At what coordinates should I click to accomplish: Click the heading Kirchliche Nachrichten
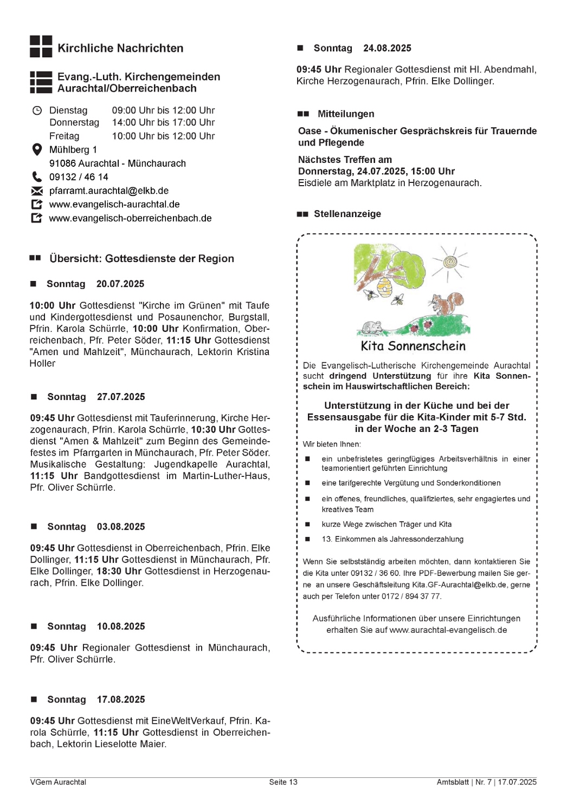coord(120,48)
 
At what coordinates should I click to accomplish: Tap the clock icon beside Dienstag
coord(37,110)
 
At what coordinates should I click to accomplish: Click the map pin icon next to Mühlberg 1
coord(37,149)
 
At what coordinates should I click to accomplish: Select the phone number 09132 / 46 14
coord(79,177)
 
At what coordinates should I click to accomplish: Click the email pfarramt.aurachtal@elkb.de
coord(108,191)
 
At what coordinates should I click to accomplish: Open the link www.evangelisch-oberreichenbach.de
coord(130,218)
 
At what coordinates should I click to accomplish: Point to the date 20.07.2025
coord(120,284)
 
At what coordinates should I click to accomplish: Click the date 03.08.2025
coord(121,527)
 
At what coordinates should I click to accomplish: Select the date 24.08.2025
coord(387,48)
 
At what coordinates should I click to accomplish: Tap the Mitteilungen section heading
coord(346,114)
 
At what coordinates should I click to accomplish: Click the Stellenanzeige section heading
coord(347,214)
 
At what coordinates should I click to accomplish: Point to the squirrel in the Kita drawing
coord(448,304)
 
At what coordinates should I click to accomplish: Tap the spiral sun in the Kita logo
coord(449,263)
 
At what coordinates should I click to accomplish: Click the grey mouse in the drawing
coord(372,327)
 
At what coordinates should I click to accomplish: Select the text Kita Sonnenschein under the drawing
coord(413,346)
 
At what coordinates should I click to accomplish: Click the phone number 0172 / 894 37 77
coord(411,596)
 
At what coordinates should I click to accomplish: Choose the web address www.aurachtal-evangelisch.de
coord(448,630)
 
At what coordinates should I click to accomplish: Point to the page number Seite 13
coord(283,782)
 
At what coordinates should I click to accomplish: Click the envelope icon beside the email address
coord(37,191)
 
